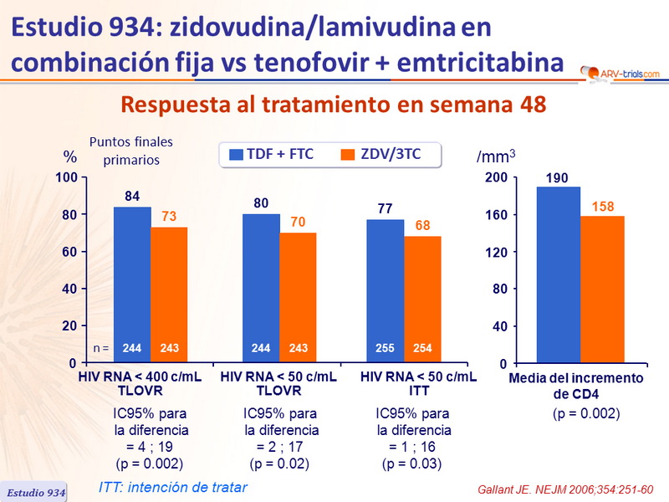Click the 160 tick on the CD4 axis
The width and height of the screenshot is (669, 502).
(x=497, y=215)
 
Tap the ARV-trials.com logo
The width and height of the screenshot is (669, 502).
(x=620, y=74)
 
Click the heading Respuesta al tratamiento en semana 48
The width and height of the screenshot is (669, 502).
(x=334, y=105)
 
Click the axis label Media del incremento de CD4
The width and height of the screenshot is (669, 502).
(x=577, y=386)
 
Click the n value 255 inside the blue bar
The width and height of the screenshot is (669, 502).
(x=386, y=346)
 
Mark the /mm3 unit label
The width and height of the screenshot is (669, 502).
(x=496, y=156)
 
